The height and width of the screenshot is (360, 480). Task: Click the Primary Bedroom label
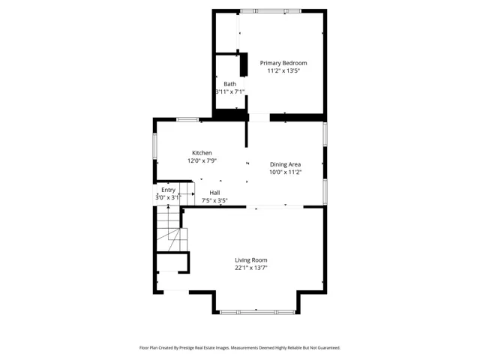(x=283, y=63)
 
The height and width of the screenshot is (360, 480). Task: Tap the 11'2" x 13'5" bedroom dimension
(x=283, y=70)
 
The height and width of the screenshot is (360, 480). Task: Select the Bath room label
(x=230, y=84)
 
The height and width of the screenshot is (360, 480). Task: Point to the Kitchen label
(x=202, y=153)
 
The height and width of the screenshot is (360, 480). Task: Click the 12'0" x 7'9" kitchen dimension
(x=202, y=160)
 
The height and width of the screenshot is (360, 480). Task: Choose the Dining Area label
(x=285, y=164)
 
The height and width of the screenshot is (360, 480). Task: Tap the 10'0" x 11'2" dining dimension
(x=285, y=172)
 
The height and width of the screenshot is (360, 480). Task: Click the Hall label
(x=214, y=193)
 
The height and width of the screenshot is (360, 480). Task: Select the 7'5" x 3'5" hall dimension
(x=214, y=200)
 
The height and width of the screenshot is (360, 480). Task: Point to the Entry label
(x=168, y=190)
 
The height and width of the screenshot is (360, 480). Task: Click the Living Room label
(x=251, y=260)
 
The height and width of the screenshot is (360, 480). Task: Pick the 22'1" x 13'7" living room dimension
(x=251, y=268)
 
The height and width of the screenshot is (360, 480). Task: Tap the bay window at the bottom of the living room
(x=257, y=312)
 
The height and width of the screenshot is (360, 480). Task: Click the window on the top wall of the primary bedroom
(x=270, y=11)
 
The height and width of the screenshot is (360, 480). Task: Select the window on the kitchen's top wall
(x=187, y=120)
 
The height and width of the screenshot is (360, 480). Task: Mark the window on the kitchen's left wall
(x=155, y=145)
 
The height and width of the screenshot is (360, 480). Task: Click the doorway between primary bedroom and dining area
(x=259, y=118)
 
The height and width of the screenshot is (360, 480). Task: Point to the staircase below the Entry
(x=172, y=229)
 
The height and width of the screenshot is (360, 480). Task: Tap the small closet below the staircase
(x=172, y=262)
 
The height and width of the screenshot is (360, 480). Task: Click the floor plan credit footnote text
(x=240, y=348)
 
